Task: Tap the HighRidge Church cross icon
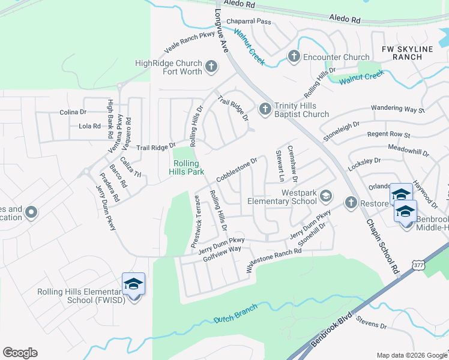pos(211,66)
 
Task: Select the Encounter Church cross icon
pos(294,56)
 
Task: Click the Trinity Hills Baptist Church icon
pos(265,109)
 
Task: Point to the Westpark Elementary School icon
pos(325,196)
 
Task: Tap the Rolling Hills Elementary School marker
pos(133,284)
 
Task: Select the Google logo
pos(20,353)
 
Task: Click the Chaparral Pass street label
pos(249,22)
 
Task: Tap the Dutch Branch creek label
pos(236,313)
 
